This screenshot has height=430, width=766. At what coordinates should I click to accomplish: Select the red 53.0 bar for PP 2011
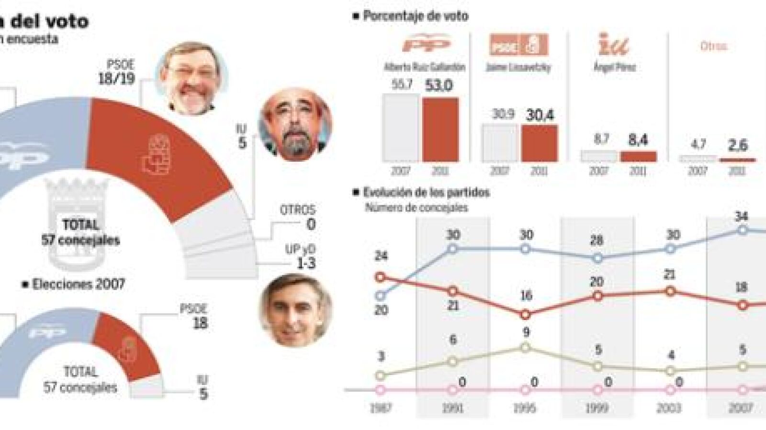point(440,129)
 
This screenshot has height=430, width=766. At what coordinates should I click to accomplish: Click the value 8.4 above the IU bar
point(638,141)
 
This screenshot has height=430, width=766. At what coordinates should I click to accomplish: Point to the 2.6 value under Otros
point(737,145)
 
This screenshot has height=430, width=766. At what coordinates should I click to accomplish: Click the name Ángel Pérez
point(614,67)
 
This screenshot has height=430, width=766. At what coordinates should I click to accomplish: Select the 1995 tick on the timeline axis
point(525,408)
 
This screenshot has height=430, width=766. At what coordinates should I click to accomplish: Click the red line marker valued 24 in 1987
point(381,277)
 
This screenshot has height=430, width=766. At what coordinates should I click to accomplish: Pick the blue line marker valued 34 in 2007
point(743,230)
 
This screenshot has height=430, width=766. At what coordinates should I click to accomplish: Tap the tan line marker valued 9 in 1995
point(525,347)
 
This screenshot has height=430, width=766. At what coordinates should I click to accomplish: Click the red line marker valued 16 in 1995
point(525,315)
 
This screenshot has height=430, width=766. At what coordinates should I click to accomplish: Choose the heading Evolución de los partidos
point(426,192)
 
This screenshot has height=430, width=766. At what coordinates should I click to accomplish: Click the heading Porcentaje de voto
point(415,16)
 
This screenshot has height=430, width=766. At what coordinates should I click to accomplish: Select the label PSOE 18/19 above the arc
point(116,72)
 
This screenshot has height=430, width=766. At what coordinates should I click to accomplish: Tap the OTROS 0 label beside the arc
point(298,217)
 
